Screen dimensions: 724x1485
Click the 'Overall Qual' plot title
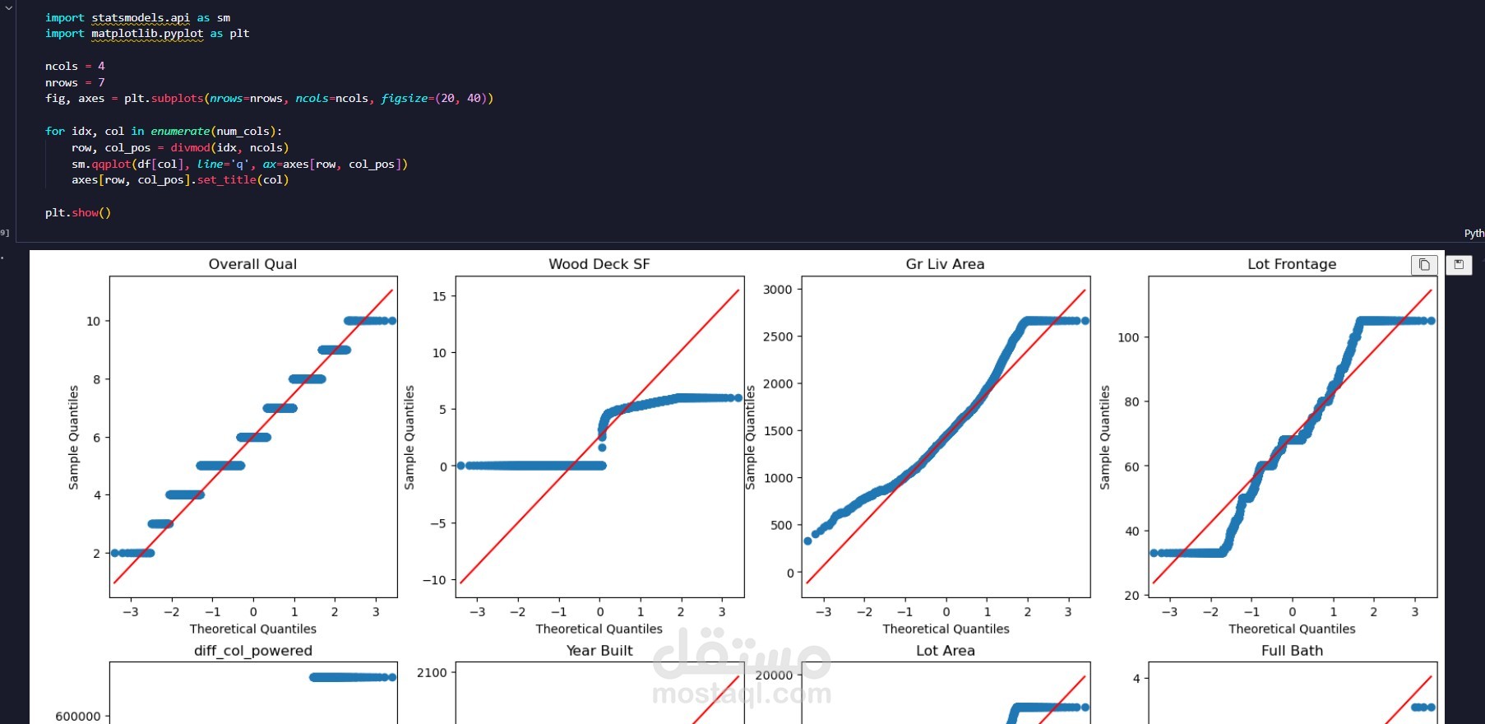[x=252, y=264]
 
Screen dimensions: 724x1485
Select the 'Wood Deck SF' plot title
[x=599, y=264]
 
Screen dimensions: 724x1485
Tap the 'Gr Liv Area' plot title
[x=945, y=264]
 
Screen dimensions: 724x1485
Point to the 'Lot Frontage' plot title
[x=1291, y=264]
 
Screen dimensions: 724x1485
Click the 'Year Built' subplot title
[x=599, y=651]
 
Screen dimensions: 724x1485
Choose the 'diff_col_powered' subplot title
[x=252, y=651]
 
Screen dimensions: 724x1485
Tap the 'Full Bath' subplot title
[x=1292, y=651]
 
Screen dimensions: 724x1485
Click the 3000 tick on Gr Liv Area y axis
[x=777, y=290]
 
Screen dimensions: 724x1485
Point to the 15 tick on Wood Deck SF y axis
[x=439, y=296]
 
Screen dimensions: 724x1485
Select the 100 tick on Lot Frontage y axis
[x=1128, y=337]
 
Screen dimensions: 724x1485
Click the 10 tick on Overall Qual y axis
[x=93, y=322]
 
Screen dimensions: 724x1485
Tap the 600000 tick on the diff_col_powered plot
[x=78, y=717]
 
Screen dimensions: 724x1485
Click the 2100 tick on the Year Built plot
[x=432, y=673]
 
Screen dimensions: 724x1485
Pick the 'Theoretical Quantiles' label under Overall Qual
[x=252, y=629]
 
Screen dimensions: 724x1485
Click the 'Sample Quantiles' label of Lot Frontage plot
[x=1104, y=437]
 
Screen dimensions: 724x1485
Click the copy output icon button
[x=1424, y=264]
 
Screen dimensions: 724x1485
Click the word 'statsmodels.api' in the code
[x=141, y=17]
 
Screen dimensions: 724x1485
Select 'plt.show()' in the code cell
[x=78, y=213]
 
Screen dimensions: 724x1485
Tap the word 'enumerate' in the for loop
[x=180, y=132]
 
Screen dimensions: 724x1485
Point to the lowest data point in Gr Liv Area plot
[x=807, y=541]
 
